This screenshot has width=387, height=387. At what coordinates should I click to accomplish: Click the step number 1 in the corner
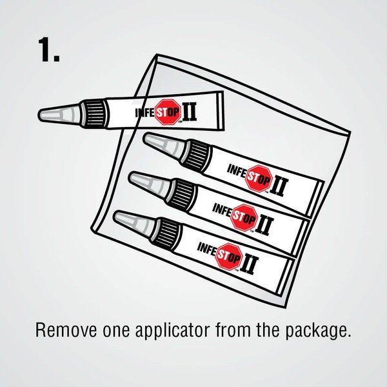click(x=49, y=50)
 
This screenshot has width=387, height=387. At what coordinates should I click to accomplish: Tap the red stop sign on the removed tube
click(x=168, y=112)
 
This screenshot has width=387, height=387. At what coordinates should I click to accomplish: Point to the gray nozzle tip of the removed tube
click(x=60, y=114)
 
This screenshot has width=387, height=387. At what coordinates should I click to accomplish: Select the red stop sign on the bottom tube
click(x=228, y=257)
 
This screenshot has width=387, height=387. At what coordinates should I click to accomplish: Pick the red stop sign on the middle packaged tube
click(x=244, y=217)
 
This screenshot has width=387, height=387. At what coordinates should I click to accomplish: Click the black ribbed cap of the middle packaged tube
click(x=182, y=194)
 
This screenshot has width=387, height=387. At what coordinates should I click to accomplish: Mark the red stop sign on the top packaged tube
click(x=259, y=179)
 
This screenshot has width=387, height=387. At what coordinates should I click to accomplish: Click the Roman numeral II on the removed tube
click(x=189, y=112)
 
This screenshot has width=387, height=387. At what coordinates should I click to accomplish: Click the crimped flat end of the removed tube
click(x=220, y=110)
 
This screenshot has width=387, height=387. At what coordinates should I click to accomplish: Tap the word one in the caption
click(x=115, y=331)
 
